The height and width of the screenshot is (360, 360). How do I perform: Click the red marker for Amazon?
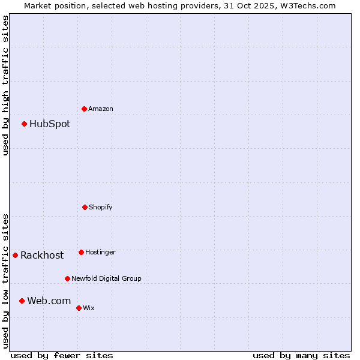tap(84, 109)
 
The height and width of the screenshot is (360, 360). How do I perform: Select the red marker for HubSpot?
tap(24, 124)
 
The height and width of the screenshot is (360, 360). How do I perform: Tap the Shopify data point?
tap(85, 207)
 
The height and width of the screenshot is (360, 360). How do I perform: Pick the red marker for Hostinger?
tap(81, 252)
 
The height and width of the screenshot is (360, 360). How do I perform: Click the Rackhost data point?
tap(15, 255)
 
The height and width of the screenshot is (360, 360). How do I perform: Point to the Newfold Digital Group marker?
tap(67, 278)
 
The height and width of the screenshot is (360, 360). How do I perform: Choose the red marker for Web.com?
tap(22, 301)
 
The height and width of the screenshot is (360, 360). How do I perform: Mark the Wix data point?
tap(79, 308)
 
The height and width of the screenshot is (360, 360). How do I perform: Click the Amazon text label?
tap(101, 109)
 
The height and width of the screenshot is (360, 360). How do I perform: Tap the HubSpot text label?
tap(50, 124)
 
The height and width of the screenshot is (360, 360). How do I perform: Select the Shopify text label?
tap(101, 207)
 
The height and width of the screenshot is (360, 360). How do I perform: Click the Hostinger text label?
tap(100, 252)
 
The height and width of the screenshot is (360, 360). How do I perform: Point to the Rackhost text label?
tap(42, 255)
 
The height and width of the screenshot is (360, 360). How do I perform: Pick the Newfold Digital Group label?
tap(106, 278)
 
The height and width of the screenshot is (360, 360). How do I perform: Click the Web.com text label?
tap(49, 301)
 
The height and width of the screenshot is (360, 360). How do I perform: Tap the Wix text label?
tap(89, 308)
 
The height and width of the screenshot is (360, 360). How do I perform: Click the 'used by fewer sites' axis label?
tap(62, 355)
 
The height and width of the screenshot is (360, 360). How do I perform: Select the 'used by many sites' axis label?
tap(301, 355)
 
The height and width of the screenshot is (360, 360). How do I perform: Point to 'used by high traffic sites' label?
tap(5, 85)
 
